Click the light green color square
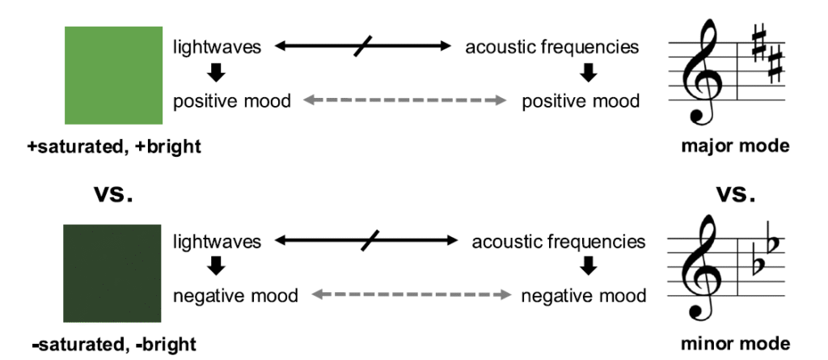[x=113, y=75]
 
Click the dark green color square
[x=112, y=273]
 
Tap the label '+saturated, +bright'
[x=114, y=146]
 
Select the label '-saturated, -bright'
[x=114, y=345]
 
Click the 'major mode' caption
[x=735, y=146]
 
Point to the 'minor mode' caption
[x=736, y=344]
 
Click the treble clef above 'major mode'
[x=702, y=73]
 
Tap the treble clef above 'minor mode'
[x=702, y=268]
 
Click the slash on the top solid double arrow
[x=363, y=46]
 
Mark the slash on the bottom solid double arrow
[x=370, y=240]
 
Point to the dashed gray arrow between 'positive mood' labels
[x=404, y=100]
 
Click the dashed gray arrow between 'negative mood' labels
[x=412, y=294]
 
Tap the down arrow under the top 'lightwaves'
[x=216, y=73]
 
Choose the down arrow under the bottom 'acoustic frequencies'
[x=589, y=266]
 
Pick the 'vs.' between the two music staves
[x=735, y=195]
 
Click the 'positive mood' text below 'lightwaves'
[x=232, y=100]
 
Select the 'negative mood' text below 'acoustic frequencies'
[x=584, y=295]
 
